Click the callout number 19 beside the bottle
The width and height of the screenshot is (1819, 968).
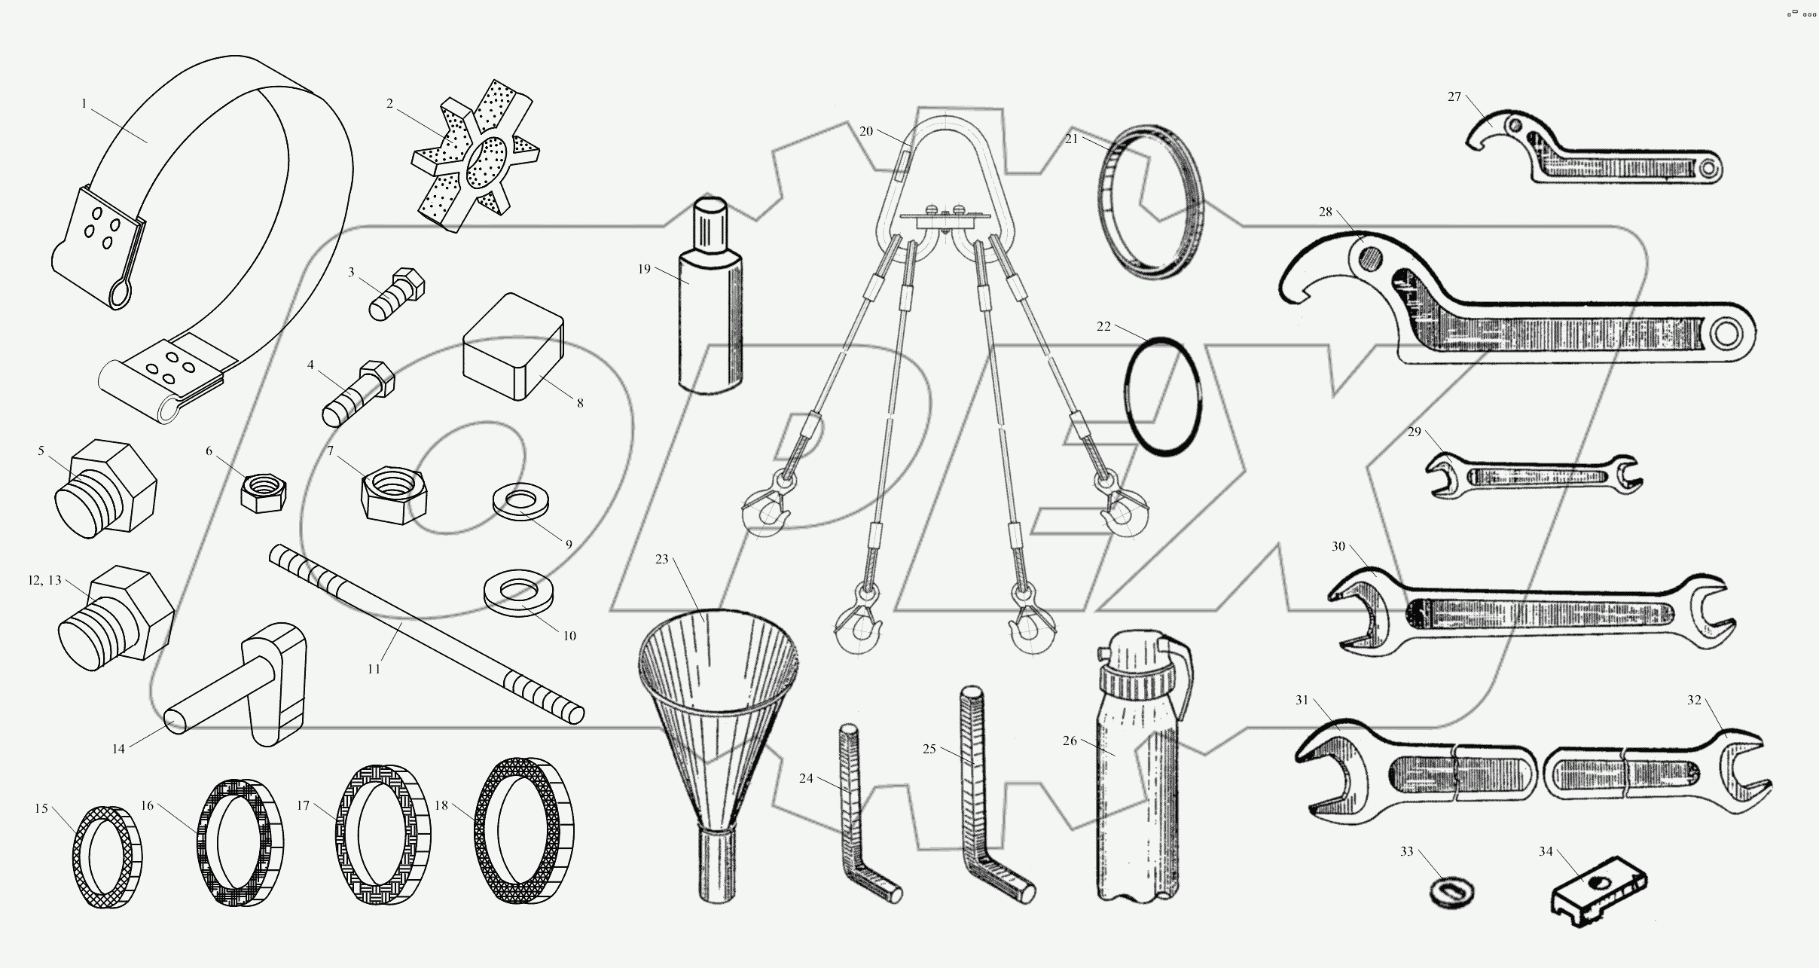tap(644, 269)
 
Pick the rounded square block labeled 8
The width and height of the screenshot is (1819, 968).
tap(513, 346)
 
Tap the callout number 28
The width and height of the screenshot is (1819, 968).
tap(1325, 212)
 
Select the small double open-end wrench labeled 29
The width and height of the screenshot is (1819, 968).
tap(1533, 477)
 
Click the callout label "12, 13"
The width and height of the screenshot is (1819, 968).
tap(44, 580)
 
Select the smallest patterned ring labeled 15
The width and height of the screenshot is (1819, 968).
tap(106, 857)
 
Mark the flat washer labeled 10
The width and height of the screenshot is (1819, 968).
tap(517, 593)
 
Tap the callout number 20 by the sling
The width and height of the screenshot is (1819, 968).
tap(866, 131)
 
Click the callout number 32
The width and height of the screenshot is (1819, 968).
tap(1694, 700)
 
